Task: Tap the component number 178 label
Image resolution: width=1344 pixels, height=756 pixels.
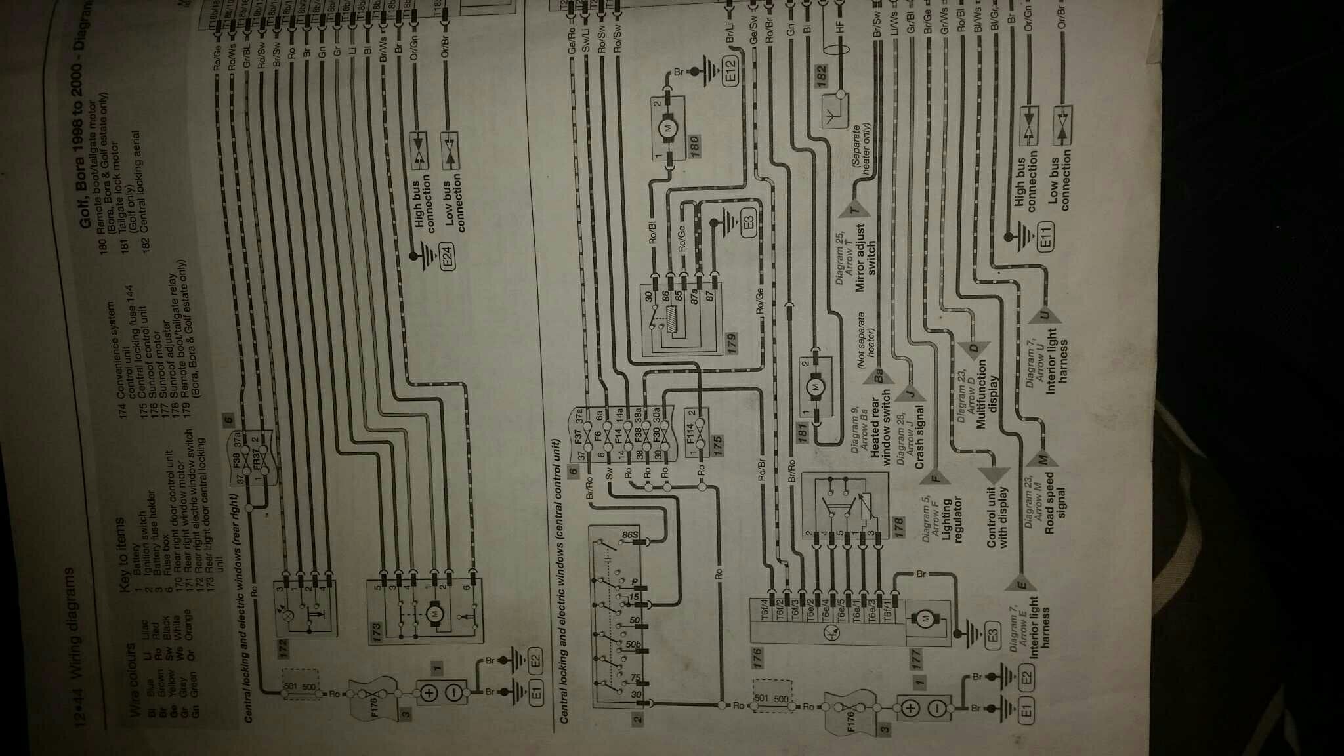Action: (898, 526)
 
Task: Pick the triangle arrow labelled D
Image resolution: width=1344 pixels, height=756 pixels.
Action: (975, 348)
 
